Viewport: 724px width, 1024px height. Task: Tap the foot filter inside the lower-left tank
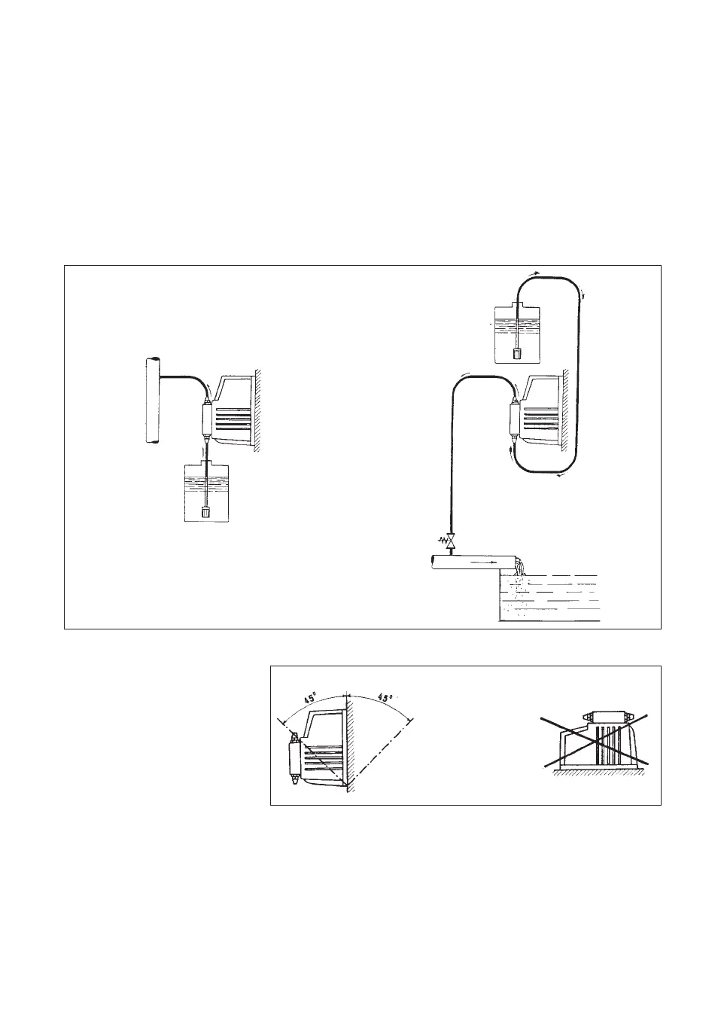pos(205,513)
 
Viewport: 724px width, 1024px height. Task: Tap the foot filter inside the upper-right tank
pos(517,352)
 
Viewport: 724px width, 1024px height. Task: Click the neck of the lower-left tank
pos(205,460)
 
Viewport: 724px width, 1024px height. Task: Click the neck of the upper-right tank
pos(517,303)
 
